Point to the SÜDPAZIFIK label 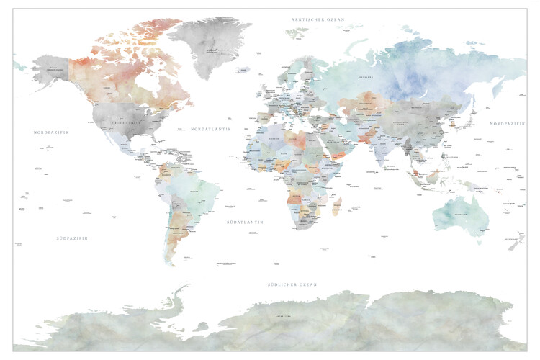(71, 238)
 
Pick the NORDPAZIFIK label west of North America (55, 132)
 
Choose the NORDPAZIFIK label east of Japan (508, 124)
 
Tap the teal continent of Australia (458, 212)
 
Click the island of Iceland (246, 71)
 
